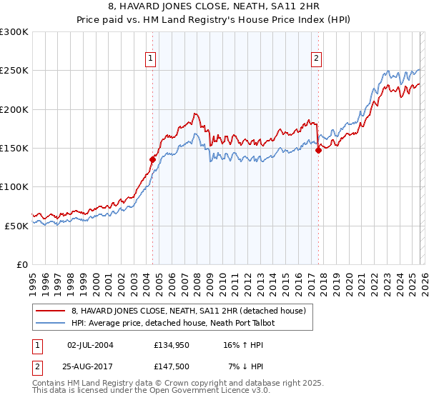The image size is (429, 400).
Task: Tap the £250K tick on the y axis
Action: pyautogui.click(x=14, y=71)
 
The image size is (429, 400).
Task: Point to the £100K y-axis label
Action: pyautogui.click(x=14, y=186)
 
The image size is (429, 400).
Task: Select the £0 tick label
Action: pyautogui.click(x=22, y=264)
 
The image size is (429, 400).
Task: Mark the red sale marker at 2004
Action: pyautogui.click(x=152, y=160)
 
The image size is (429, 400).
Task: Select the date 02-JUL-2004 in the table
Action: pyautogui.click(x=90, y=345)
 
